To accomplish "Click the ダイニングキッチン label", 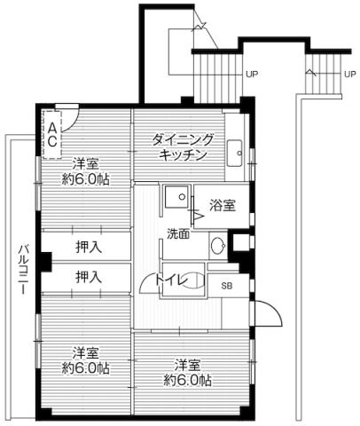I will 184,147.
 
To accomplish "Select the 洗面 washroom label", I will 177,234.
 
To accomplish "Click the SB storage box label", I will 227,285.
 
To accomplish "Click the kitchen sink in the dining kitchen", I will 235,153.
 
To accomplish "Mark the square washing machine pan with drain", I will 176,197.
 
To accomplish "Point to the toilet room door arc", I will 147,284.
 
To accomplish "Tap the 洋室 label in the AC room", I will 85,163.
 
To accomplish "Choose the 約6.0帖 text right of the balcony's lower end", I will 85,367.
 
